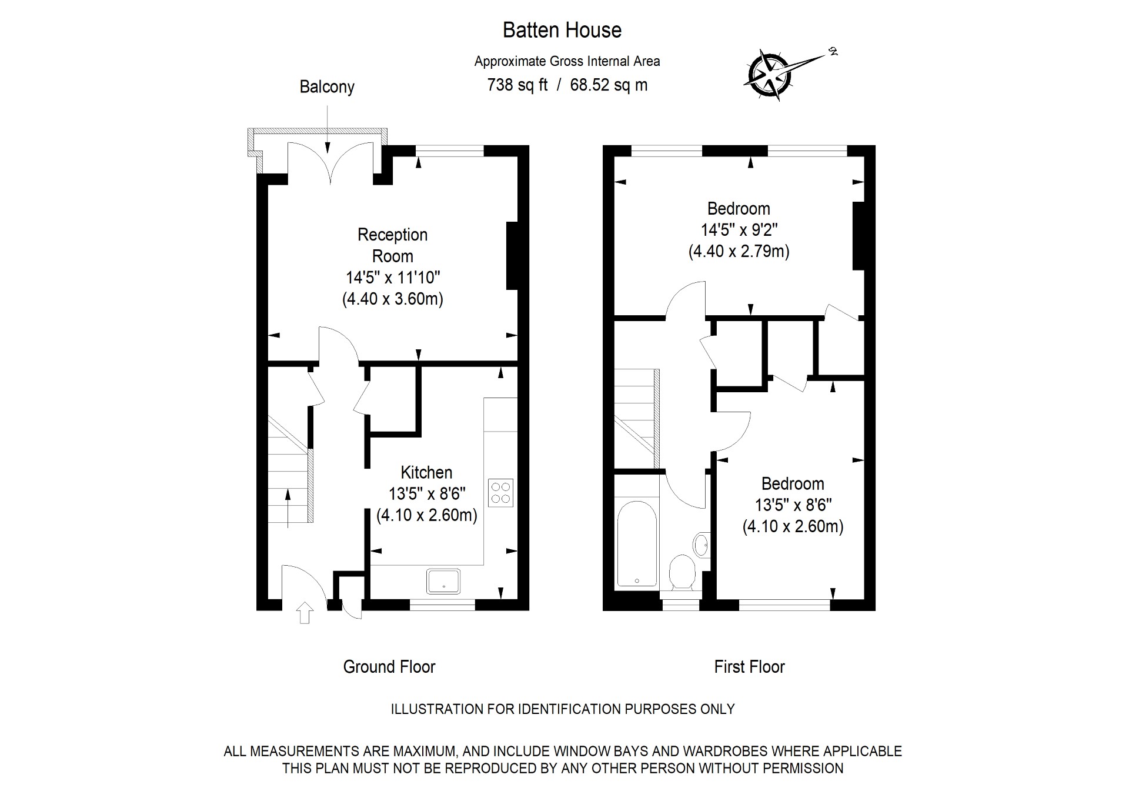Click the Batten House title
(562, 30)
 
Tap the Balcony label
(327, 87)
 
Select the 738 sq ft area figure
(517, 85)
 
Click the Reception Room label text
(392, 245)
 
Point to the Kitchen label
(426, 472)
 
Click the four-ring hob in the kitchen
(500, 493)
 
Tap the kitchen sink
(443, 580)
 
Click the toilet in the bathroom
(683, 571)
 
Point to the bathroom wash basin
(702, 545)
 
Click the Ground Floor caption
(389, 667)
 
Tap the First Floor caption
(749, 667)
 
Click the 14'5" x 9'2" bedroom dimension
(739, 230)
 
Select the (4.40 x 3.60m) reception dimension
(392, 299)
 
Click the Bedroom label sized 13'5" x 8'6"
(792, 483)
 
